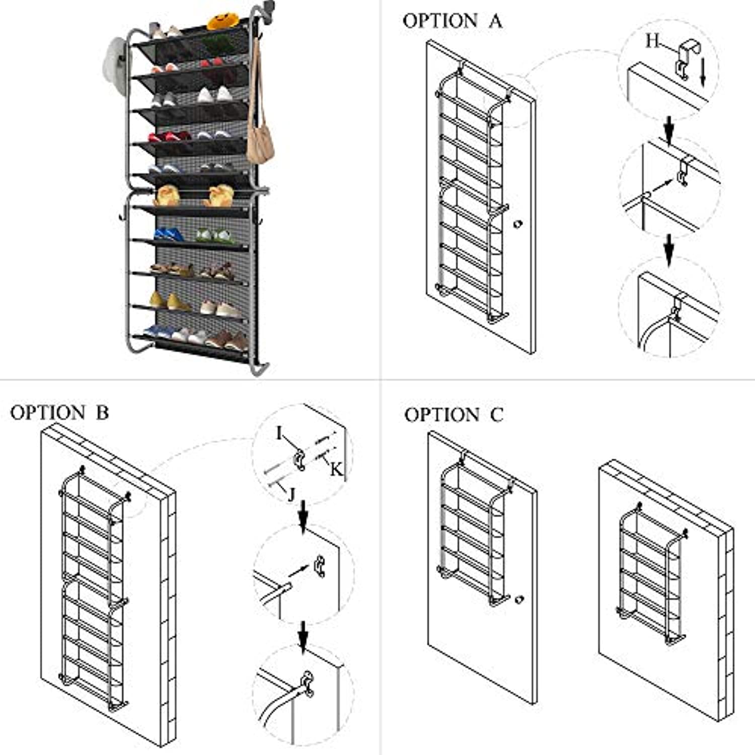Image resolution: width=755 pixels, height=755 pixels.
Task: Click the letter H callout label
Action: (x=653, y=40)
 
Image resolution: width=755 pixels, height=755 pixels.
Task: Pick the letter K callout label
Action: (x=336, y=470)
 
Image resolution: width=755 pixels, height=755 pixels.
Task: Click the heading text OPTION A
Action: (x=452, y=21)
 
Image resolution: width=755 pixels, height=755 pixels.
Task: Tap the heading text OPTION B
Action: (x=59, y=413)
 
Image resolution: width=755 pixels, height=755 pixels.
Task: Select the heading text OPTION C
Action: (x=454, y=415)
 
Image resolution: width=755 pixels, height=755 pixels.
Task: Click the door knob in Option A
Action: (x=517, y=223)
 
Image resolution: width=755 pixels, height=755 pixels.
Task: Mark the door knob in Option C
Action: (x=519, y=599)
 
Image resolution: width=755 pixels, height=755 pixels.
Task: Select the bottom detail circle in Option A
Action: (x=669, y=307)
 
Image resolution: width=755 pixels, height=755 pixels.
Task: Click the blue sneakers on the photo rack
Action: (x=168, y=234)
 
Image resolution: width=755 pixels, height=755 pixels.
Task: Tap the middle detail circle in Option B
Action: (x=304, y=574)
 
